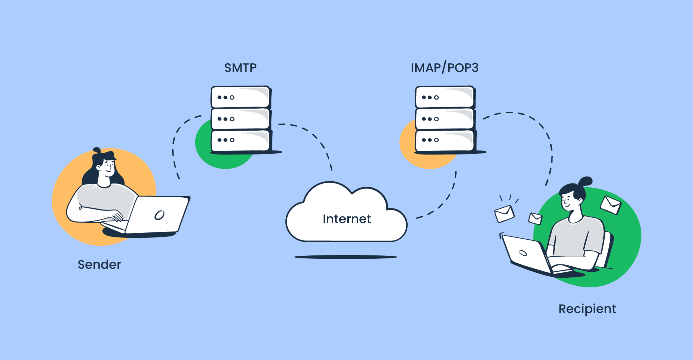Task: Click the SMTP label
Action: coord(240,68)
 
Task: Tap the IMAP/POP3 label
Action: coord(445,68)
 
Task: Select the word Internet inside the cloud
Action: coord(347,219)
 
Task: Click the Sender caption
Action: coord(99,264)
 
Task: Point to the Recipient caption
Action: coord(587,309)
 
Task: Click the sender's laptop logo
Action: coord(160,215)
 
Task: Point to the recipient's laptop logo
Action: coord(523,253)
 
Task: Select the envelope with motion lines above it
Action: coord(505,214)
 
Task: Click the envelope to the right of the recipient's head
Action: coord(611,205)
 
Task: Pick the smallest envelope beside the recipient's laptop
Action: coord(535,218)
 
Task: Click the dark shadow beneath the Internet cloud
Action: coord(346,257)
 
